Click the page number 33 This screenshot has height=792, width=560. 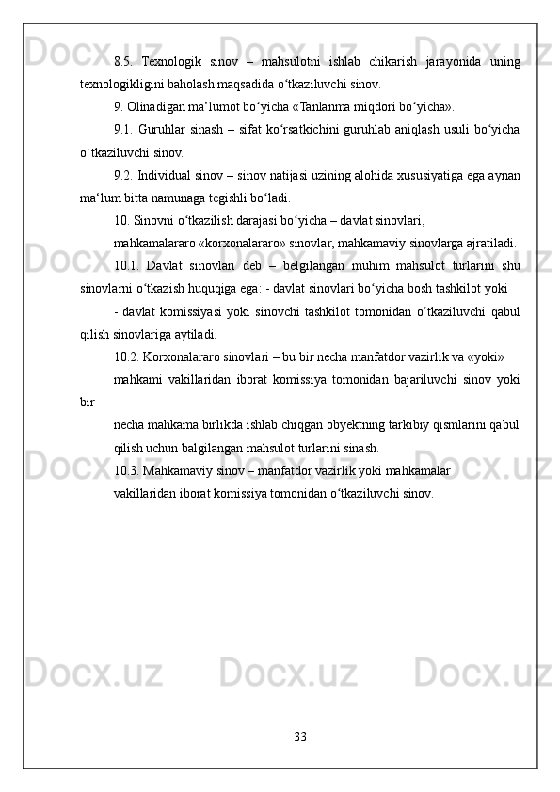point(300,734)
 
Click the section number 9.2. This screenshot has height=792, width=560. point(123,173)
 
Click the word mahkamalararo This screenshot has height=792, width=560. point(155,243)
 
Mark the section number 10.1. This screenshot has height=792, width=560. point(127,265)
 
